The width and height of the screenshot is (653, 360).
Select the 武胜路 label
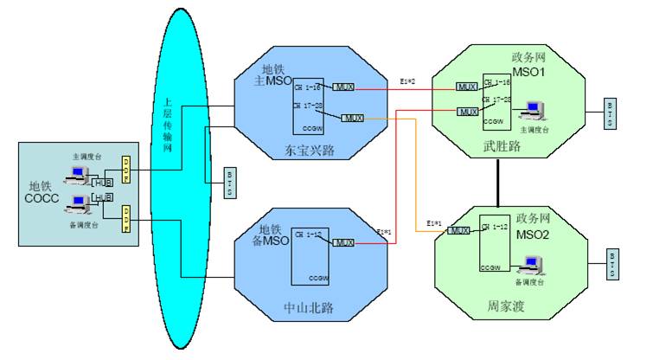point(503,148)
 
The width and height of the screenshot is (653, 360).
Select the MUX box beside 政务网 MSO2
point(460,231)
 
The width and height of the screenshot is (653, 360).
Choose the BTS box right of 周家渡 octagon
point(611,264)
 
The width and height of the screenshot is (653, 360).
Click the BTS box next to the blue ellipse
point(228,183)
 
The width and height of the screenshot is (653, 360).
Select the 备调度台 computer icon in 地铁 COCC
point(80,205)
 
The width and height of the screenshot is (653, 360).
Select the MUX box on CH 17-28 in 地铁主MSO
point(353,118)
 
